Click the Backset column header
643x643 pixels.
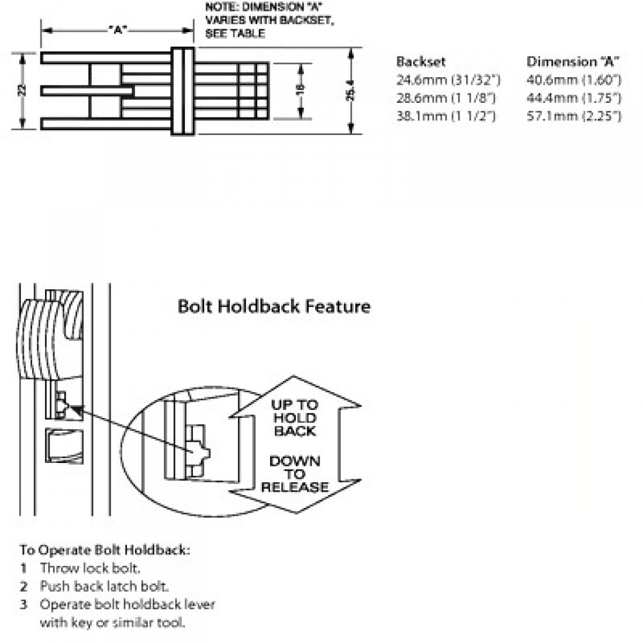click(x=421, y=61)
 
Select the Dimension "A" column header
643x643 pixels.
click(x=573, y=61)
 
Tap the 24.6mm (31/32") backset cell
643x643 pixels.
click(x=448, y=80)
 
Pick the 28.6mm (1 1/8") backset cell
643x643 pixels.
click(x=446, y=98)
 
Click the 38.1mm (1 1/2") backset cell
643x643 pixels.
click(x=446, y=116)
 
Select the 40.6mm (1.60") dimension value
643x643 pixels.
click(x=573, y=80)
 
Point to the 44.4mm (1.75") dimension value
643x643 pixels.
click(x=573, y=98)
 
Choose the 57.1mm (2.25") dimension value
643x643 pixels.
click(x=573, y=116)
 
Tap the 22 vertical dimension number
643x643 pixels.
click(x=22, y=91)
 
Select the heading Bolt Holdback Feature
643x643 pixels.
click(x=274, y=306)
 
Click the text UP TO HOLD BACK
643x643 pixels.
click(x=295, y=418)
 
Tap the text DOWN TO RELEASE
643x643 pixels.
click(x=295, y=474)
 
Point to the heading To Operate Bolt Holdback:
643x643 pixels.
click(x=105, y=550)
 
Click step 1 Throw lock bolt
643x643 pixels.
click(x=90, y=568)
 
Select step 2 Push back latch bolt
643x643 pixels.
click(x=104, y=586)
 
